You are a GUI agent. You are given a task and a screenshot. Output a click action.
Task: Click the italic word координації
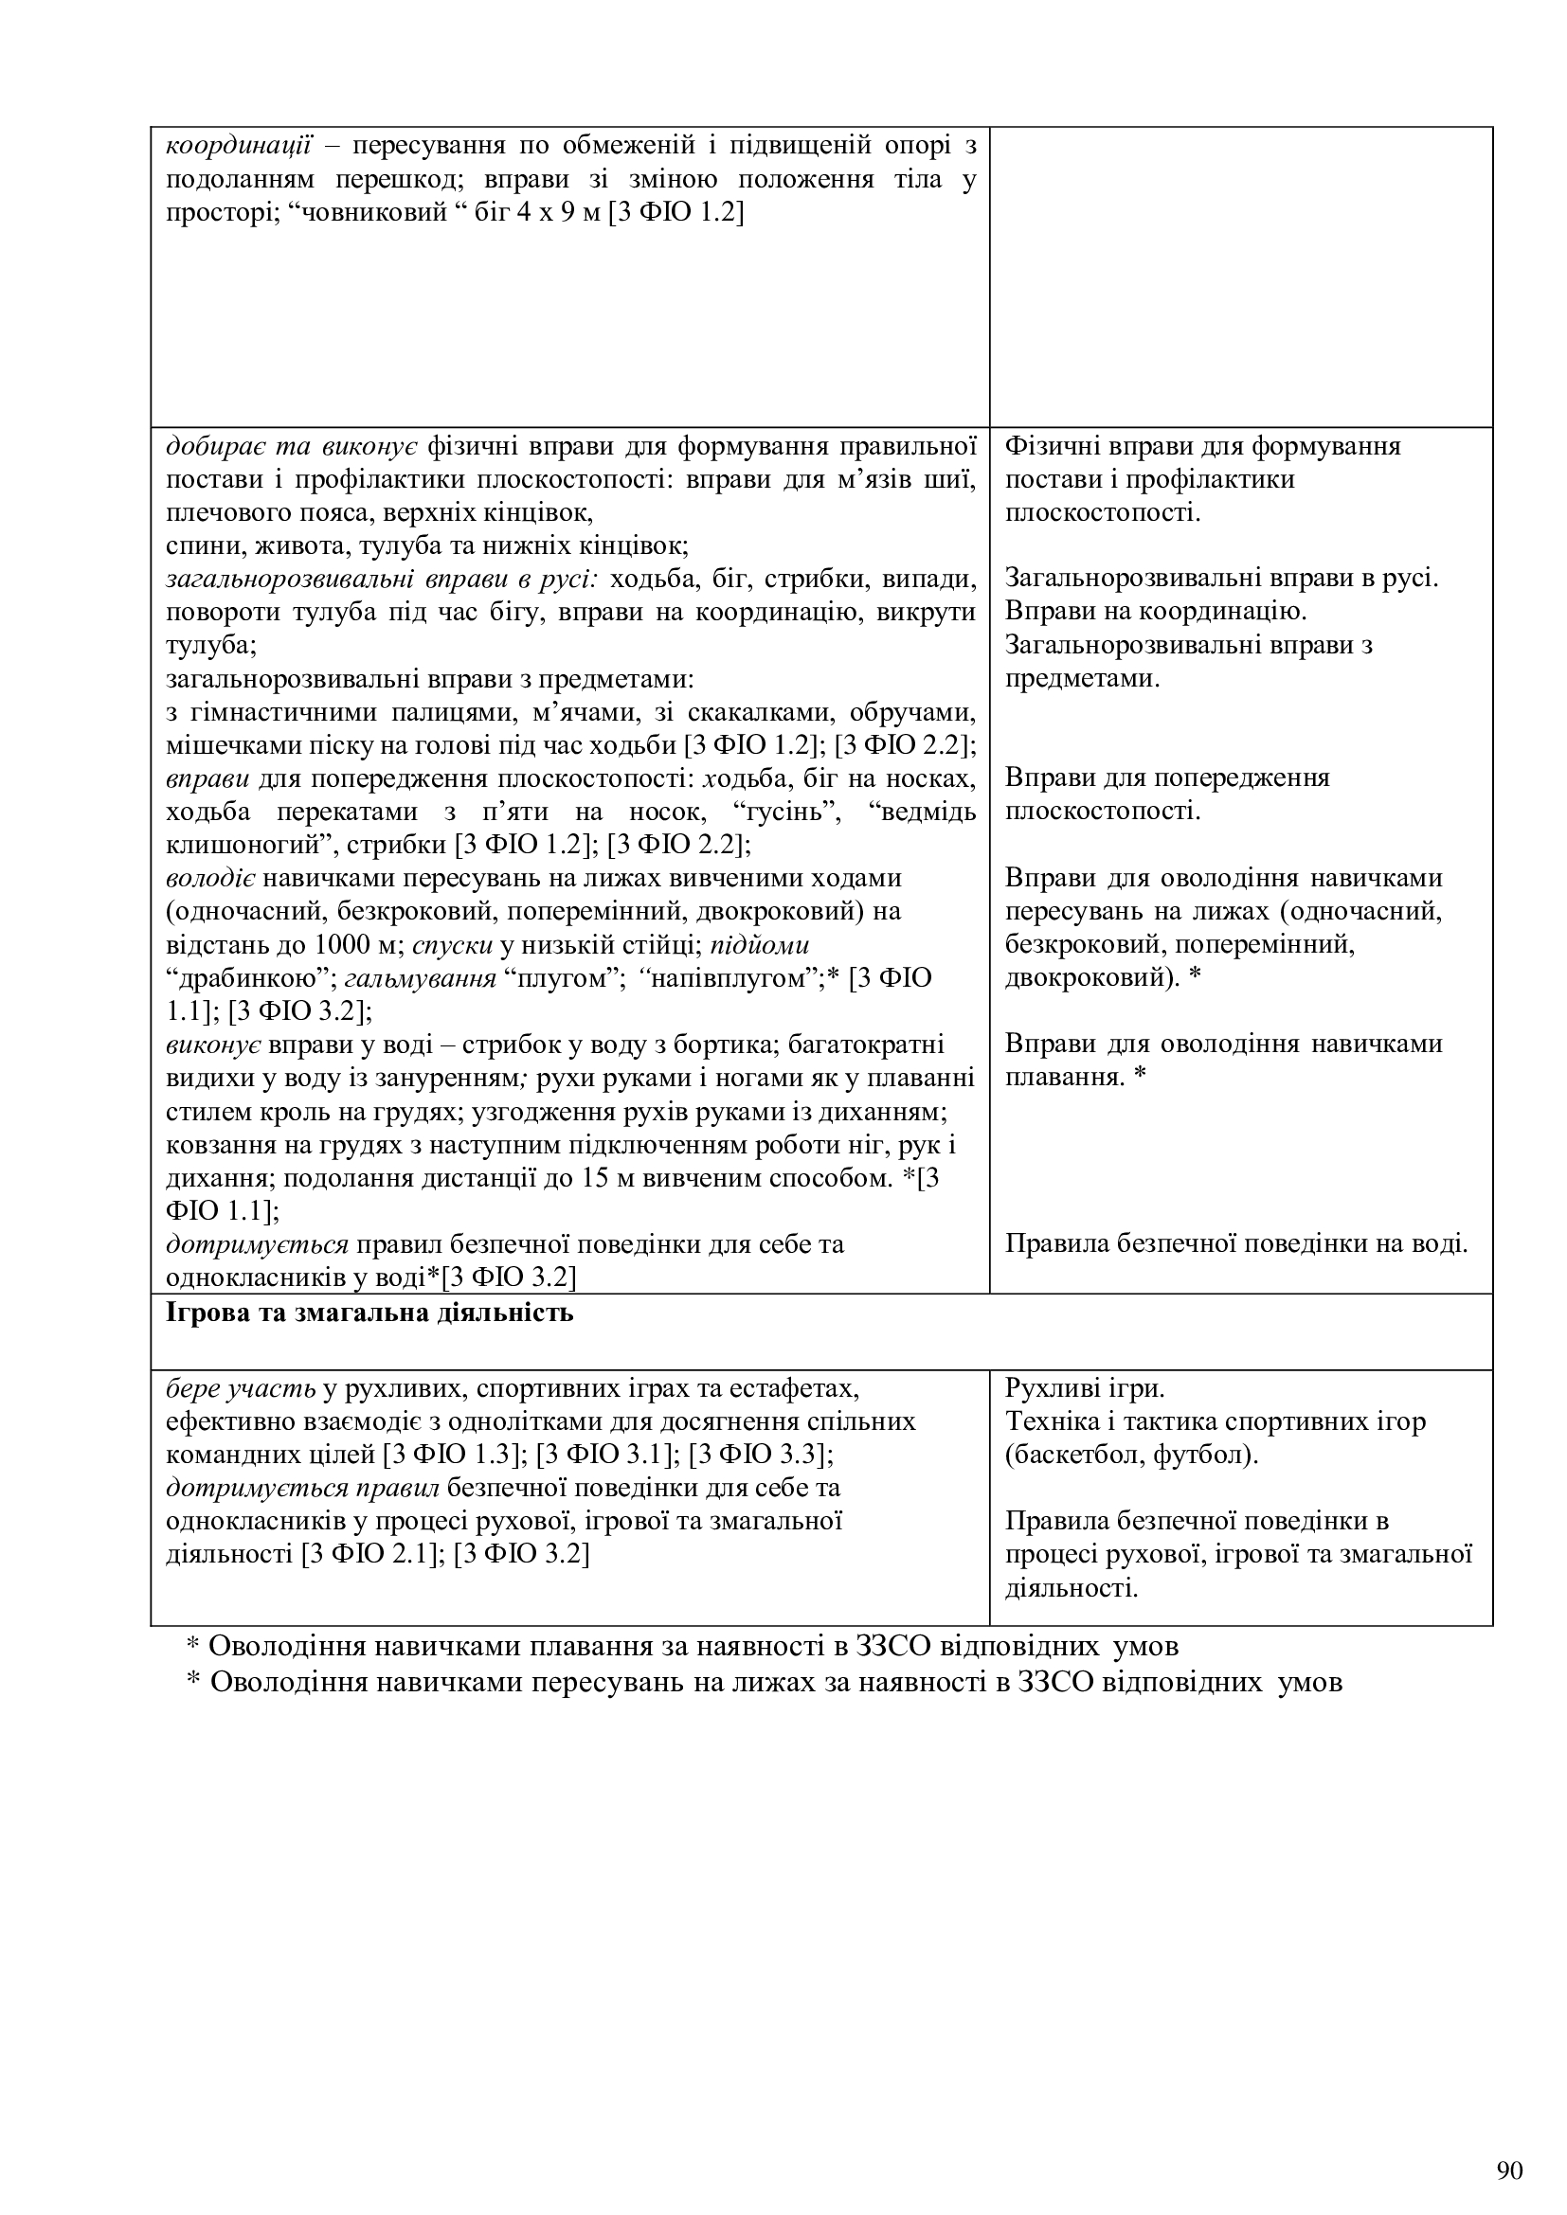238,146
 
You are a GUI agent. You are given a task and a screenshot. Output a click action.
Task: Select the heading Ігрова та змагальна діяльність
369,1313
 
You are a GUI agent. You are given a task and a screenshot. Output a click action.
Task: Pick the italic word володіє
209,878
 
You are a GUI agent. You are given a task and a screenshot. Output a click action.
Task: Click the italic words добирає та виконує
292,446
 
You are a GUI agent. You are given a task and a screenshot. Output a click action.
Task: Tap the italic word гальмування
420,978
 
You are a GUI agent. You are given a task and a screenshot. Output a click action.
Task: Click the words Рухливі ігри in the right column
1085,1388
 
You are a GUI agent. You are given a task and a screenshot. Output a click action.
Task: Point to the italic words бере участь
242,1388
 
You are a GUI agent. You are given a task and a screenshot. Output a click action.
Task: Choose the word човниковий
377,212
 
